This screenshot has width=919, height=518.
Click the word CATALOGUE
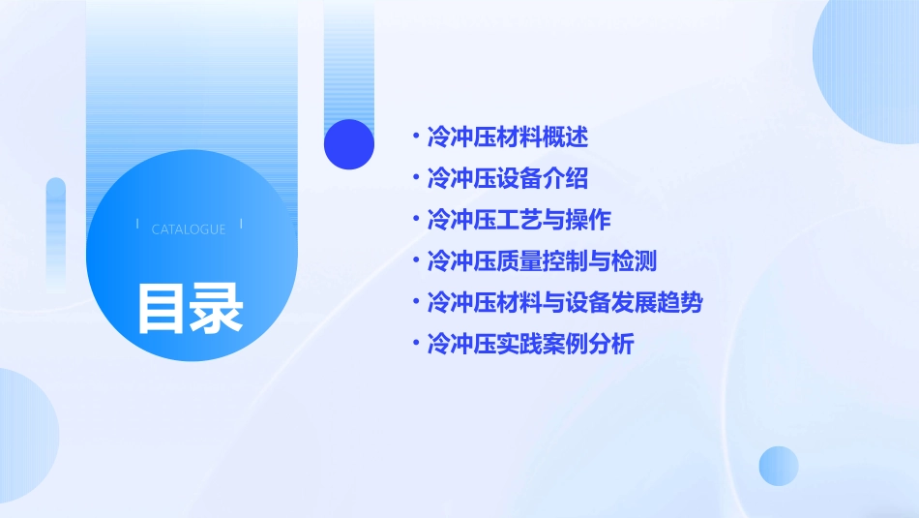coord(189,229)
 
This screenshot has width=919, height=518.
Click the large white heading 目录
coord(190,308)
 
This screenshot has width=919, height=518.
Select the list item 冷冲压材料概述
coord(507,137)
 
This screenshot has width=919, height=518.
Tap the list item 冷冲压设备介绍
coord(507,179)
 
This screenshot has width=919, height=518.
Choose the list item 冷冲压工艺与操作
coord(519,220)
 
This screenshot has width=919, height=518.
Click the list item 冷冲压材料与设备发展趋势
coord(565,302)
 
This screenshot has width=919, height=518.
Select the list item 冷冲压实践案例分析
coord(530,344)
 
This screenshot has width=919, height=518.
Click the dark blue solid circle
coord(349,144)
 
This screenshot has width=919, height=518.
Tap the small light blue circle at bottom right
coord(779,466)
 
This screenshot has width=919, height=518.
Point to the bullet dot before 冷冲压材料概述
coord(415,137)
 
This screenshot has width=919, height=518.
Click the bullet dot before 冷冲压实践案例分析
coord(415,343)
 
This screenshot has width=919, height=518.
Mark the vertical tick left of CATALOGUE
coord(138,225)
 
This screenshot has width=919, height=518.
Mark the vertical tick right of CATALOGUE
coord(240,225)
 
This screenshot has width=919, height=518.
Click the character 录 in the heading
coord(217,308)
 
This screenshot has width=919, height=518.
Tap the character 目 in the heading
coord(162,308)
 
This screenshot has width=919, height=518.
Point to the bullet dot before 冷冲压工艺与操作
coord(415,219)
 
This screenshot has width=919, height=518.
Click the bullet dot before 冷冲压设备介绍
coord(415,178)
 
